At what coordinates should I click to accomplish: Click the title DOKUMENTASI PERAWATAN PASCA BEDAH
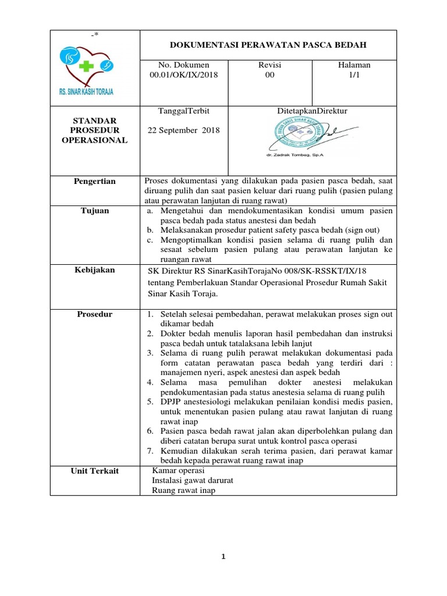[268, 44]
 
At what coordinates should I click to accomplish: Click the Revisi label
[269, 65]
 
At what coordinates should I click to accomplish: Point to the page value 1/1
[354, 75]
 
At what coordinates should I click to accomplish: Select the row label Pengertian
[95, 182]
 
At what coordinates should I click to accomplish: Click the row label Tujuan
[95, 211]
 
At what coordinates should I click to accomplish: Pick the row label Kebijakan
[95, 270]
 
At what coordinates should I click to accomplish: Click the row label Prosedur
[95, 314]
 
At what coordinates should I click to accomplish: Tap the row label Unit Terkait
[95, 470]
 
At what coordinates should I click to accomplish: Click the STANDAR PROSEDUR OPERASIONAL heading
[95, 130]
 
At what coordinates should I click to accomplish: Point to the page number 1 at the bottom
[223, 556]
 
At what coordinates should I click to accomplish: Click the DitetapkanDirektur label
[312, 111]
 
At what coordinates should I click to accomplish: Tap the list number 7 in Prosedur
[150, 451]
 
